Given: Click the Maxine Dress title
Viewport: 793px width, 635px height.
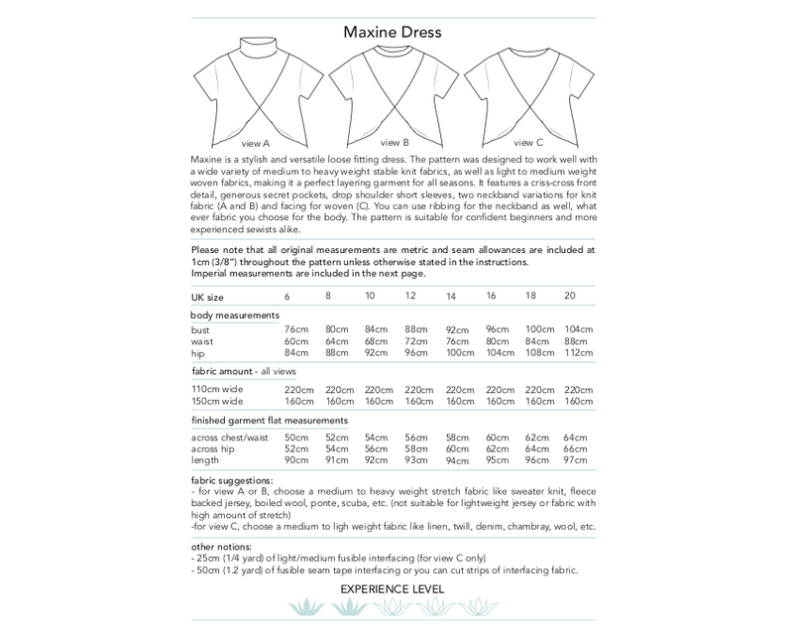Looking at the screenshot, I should pyautogui.click(x=392, y=32).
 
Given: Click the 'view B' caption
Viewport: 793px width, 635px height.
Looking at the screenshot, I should pyautogui.click(x=394, y=142).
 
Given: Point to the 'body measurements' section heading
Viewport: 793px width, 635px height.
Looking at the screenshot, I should pyautogui.click(x=231, y=314).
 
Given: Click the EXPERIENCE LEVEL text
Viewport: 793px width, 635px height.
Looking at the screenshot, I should pyautogui.click(x=392, y=589).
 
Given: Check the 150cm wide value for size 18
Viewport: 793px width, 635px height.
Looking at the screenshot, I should pyautogui.click(x=538, y=402).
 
